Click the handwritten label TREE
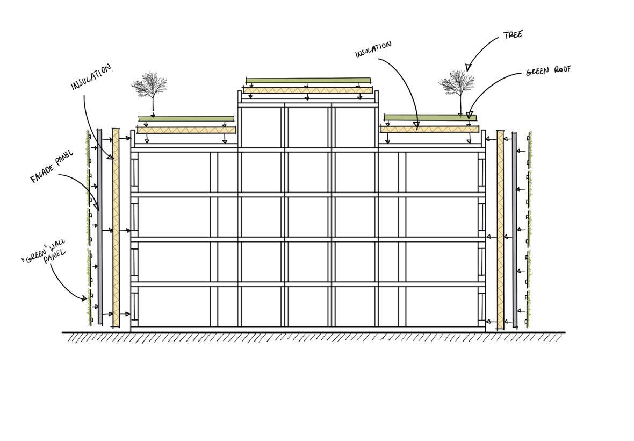[513, 35]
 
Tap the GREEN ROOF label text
[548, 70]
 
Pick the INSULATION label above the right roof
[373, 49]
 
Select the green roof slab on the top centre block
[308, 81]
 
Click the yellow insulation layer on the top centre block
[307, 90]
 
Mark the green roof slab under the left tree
[186, 118]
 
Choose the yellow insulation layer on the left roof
[186, 130]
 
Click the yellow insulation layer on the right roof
[429, 129]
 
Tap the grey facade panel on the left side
[100, 226]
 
